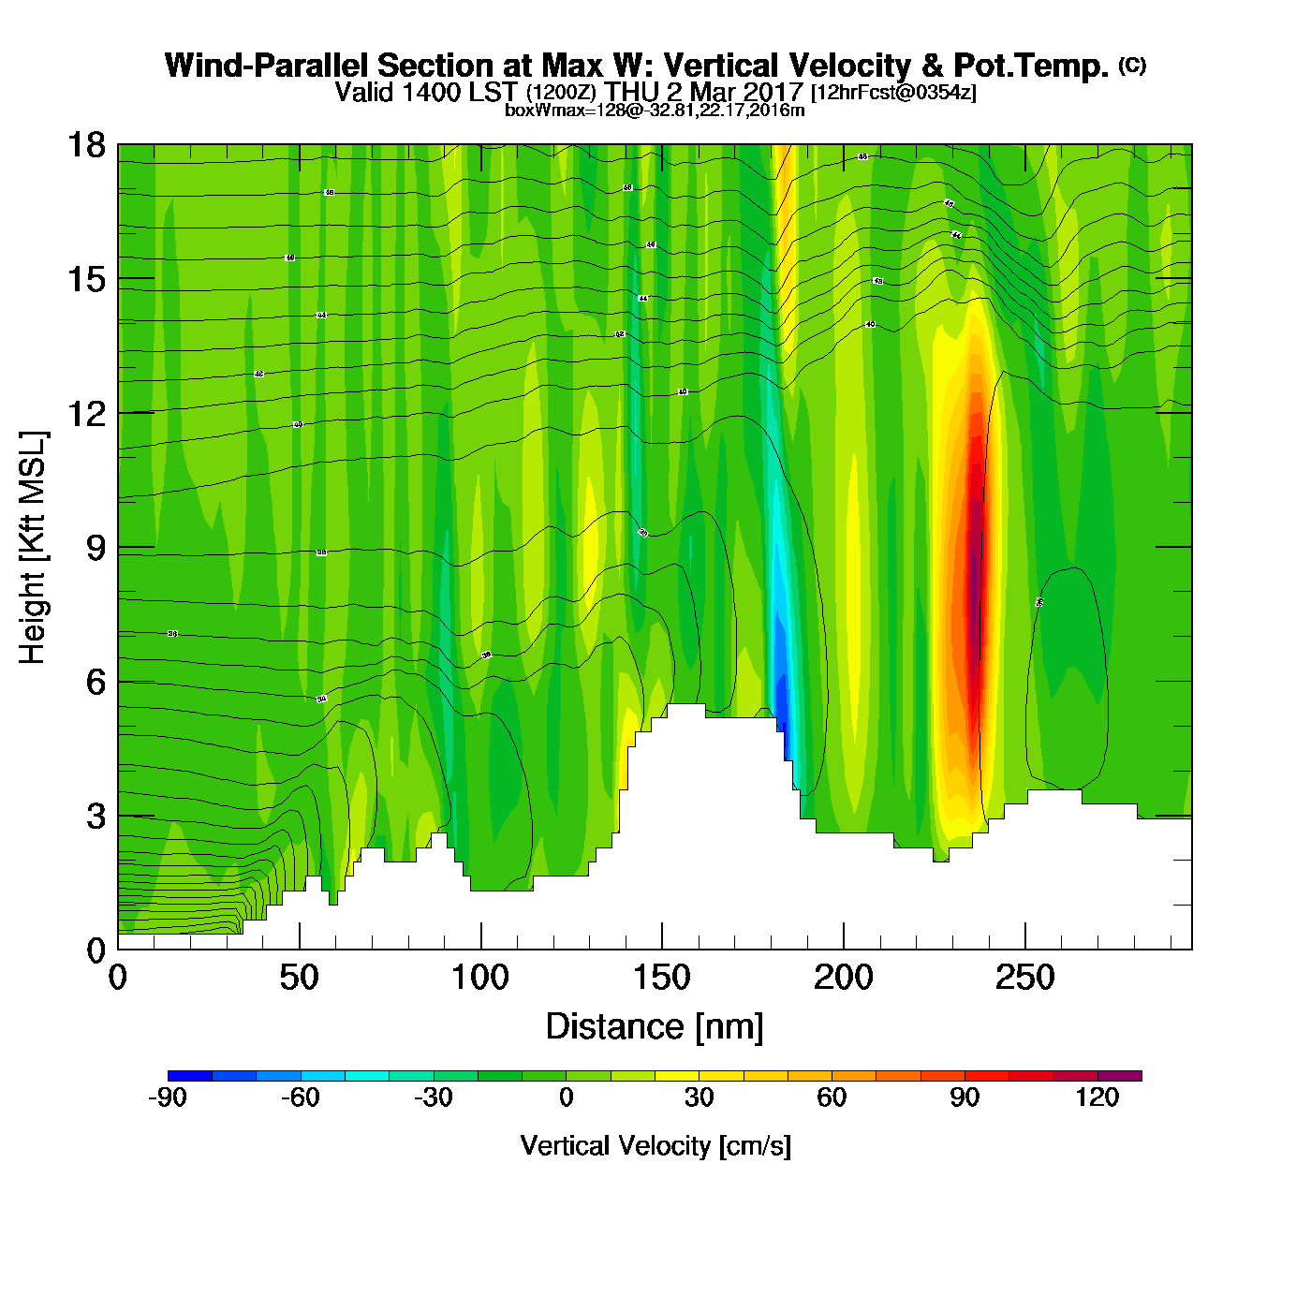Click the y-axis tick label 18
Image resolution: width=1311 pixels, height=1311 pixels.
(85, 145)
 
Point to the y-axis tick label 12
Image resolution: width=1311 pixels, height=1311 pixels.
(85, 413)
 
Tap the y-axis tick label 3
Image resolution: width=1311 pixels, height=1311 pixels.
(96, 817)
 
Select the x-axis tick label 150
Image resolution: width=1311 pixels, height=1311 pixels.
(662, 979)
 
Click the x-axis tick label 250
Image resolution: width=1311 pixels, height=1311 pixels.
(1024, 979)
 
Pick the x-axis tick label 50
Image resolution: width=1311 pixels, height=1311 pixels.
(299, 979)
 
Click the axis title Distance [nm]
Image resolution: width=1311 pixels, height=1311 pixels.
(655, 1027)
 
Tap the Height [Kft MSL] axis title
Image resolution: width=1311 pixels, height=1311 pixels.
(33, 548)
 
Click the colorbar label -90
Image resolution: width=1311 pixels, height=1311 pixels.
(168, 1097)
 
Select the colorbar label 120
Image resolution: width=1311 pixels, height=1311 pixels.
(1097, 1097)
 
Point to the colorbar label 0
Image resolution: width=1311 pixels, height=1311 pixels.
(566, 1097)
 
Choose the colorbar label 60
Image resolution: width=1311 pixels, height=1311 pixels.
(832, 1097)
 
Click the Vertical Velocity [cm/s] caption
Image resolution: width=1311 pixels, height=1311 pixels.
(655, 1145)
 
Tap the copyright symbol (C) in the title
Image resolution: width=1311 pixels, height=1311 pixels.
(1132, 65)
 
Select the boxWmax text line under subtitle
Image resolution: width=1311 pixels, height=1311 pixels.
(655, 110)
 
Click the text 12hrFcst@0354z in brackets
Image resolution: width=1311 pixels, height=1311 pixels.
(893, 93)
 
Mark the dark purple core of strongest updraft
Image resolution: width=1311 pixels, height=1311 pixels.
(974, 581)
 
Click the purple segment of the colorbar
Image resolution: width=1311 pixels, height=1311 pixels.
(1119, 1076)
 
